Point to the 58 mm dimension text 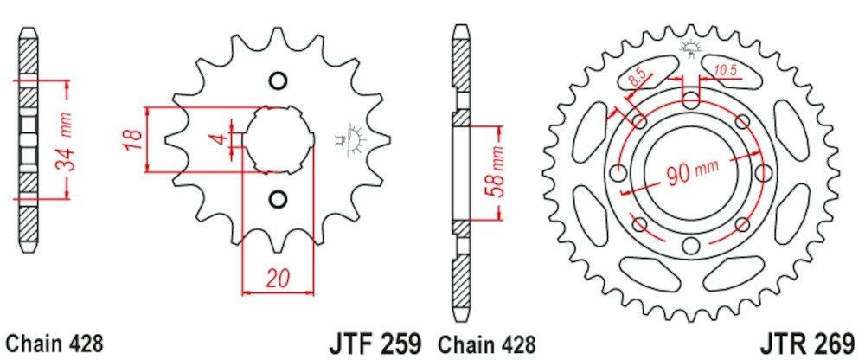pos(496,173)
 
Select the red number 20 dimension pos(279,279)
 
